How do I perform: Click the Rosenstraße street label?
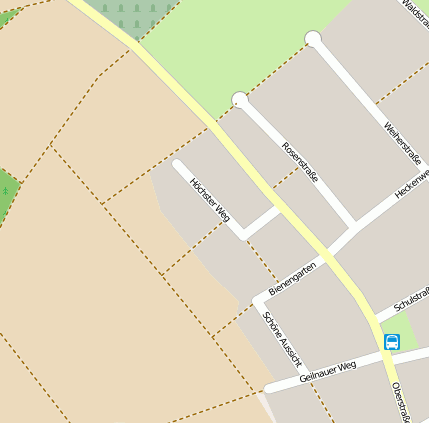coord(300,162)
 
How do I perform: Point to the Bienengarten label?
coord(293,279)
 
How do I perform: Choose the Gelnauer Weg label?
coord(327,371)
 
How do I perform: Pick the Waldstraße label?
coord(414,12)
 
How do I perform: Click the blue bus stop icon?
coord(391,342)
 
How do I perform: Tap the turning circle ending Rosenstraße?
coord(239,99)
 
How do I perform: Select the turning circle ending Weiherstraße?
coord(313,39)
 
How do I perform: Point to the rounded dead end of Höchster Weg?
coord(178,165)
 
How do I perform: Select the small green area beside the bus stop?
coord(403,328)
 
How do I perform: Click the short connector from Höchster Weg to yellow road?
coord(263,222)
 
